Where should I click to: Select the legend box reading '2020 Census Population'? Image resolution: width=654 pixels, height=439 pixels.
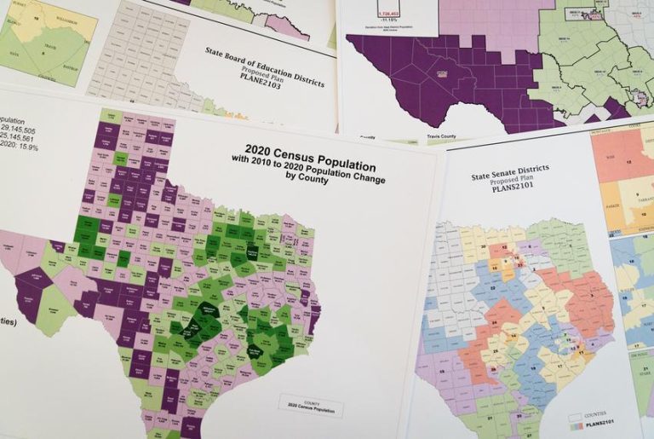310,407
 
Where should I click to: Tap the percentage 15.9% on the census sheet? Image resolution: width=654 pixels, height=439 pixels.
34,146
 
